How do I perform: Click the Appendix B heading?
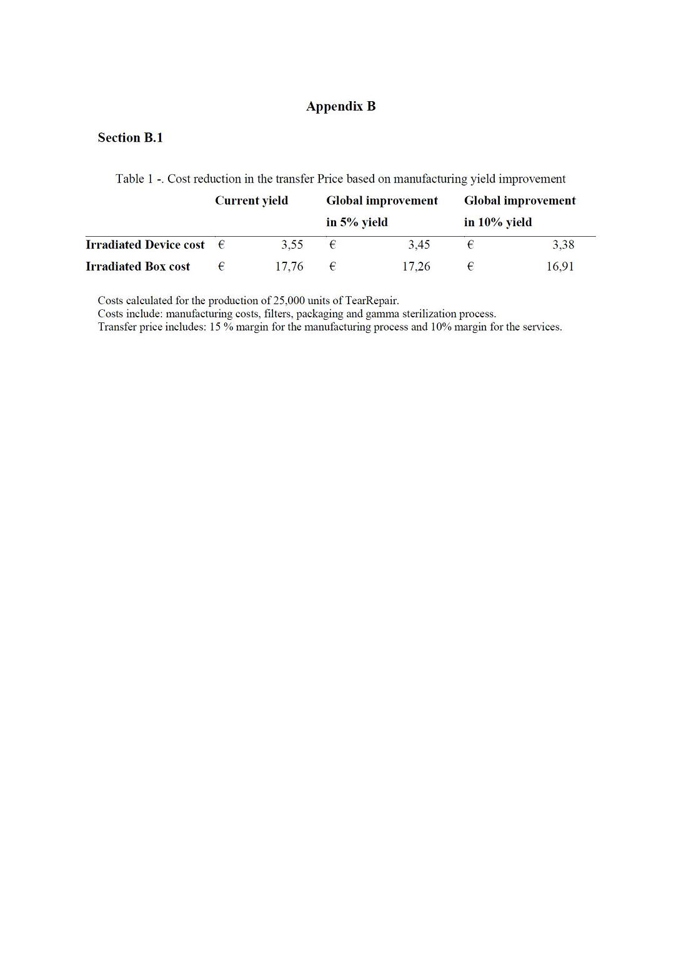(340, 106)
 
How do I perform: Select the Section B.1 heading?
(130, 138)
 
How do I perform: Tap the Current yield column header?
(251, 201)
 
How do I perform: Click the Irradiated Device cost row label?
(145, 245)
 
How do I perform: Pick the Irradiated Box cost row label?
(137, 267)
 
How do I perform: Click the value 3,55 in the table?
(292, 245)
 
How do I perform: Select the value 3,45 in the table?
(419, 245)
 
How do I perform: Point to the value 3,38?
(562, 245)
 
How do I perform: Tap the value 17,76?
(289, 267)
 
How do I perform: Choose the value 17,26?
(416, 267)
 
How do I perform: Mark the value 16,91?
(560, 267)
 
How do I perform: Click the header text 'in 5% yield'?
(357, 222)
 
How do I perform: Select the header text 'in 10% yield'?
(498, 222)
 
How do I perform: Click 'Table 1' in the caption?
(134, 179)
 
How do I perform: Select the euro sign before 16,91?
(470, 267)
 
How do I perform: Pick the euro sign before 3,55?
(221, 245)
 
